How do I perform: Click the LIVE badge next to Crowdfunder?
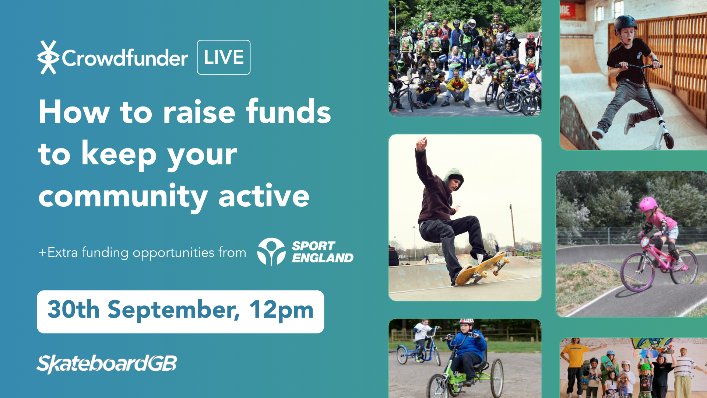click(x=224, y=57)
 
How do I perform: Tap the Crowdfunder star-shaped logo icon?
click(x=48, y=57)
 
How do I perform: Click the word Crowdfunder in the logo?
click(x=125, y=58)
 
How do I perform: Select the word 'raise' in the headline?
click(x=199, y=112)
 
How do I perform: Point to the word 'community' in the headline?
click(x=123, y=197)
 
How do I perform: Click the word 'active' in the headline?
click(x=264, y=195)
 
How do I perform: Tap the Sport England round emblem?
click(x=271, y=252)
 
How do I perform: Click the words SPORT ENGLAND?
click(x=323, y=252)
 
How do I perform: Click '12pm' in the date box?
click(x=281, y=310)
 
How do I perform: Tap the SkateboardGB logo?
click(x=106, y=364)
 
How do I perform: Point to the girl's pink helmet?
click(x=648, y=203)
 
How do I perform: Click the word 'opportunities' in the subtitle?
click(x=173, y=253)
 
